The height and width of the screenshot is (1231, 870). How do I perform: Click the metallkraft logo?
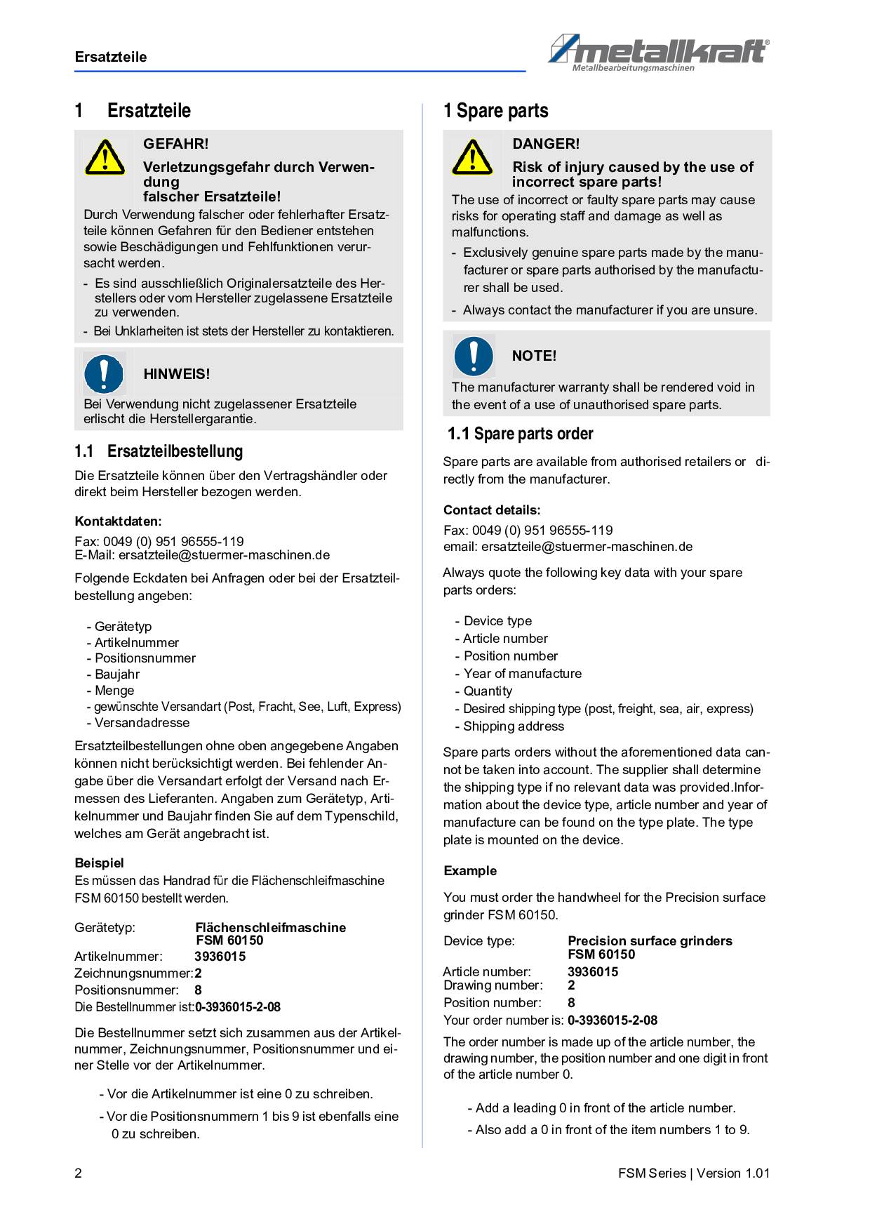pos(658,53)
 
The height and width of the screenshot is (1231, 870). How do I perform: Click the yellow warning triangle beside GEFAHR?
pos(105,157)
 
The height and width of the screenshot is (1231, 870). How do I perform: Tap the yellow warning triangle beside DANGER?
pos(472,157)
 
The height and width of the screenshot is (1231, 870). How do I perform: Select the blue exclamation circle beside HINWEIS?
pos(105,373)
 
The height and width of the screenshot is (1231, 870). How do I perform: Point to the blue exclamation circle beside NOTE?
pos(474,355)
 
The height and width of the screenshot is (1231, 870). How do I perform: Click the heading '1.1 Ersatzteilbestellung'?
pos(159,451)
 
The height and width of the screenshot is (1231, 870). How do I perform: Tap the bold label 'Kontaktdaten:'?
pos(118,521)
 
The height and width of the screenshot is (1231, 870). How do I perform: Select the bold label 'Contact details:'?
pos(492,510)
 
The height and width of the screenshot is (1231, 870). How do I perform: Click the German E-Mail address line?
pos(202,555)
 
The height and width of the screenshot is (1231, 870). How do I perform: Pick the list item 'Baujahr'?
pos(116,674)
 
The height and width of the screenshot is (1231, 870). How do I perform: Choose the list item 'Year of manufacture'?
pos(522,674)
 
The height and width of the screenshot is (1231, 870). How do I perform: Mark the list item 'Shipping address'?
pos(513,726)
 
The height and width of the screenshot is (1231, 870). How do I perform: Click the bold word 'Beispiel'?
pos(99,863)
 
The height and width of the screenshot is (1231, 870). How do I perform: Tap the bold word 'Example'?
pos(469,871)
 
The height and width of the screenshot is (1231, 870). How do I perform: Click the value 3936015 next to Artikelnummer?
pos(220,957)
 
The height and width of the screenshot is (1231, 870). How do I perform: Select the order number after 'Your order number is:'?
pos(613,1020)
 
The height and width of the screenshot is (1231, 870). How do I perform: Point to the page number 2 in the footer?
pos(78,1173)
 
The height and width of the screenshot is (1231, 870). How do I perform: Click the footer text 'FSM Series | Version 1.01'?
pos(694,1173)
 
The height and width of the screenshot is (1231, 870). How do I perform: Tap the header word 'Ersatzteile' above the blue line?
pos(111,57)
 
